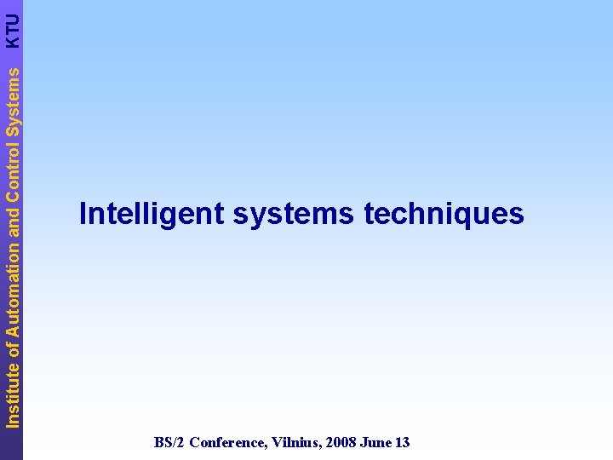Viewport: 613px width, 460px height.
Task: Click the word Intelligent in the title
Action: pos(151,214)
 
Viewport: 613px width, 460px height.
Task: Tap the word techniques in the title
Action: pos(444,214)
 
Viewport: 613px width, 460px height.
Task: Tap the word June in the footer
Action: pos(375,442)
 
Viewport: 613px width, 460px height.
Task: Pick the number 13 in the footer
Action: pos(402,442)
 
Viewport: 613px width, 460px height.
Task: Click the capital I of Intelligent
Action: pos(83,213)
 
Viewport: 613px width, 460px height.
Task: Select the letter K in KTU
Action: pos(12,39)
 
